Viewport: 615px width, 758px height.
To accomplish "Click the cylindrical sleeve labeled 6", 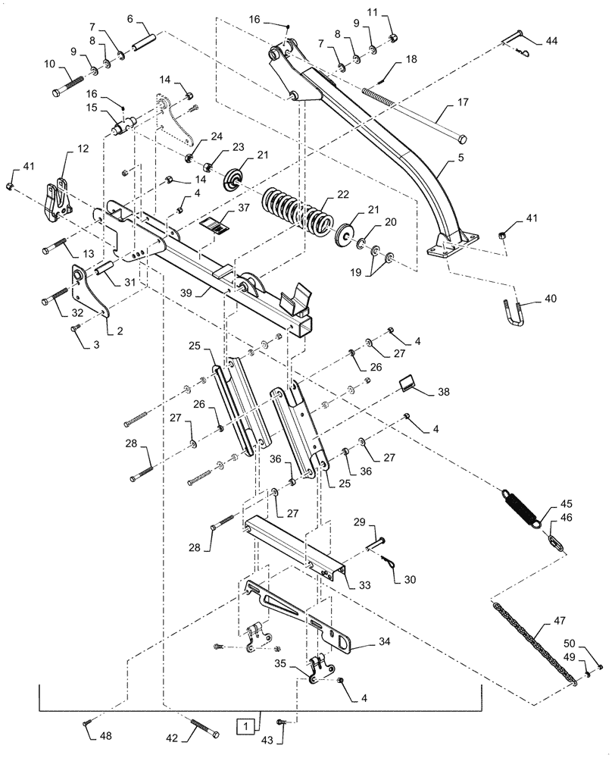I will tap(143, 38).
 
